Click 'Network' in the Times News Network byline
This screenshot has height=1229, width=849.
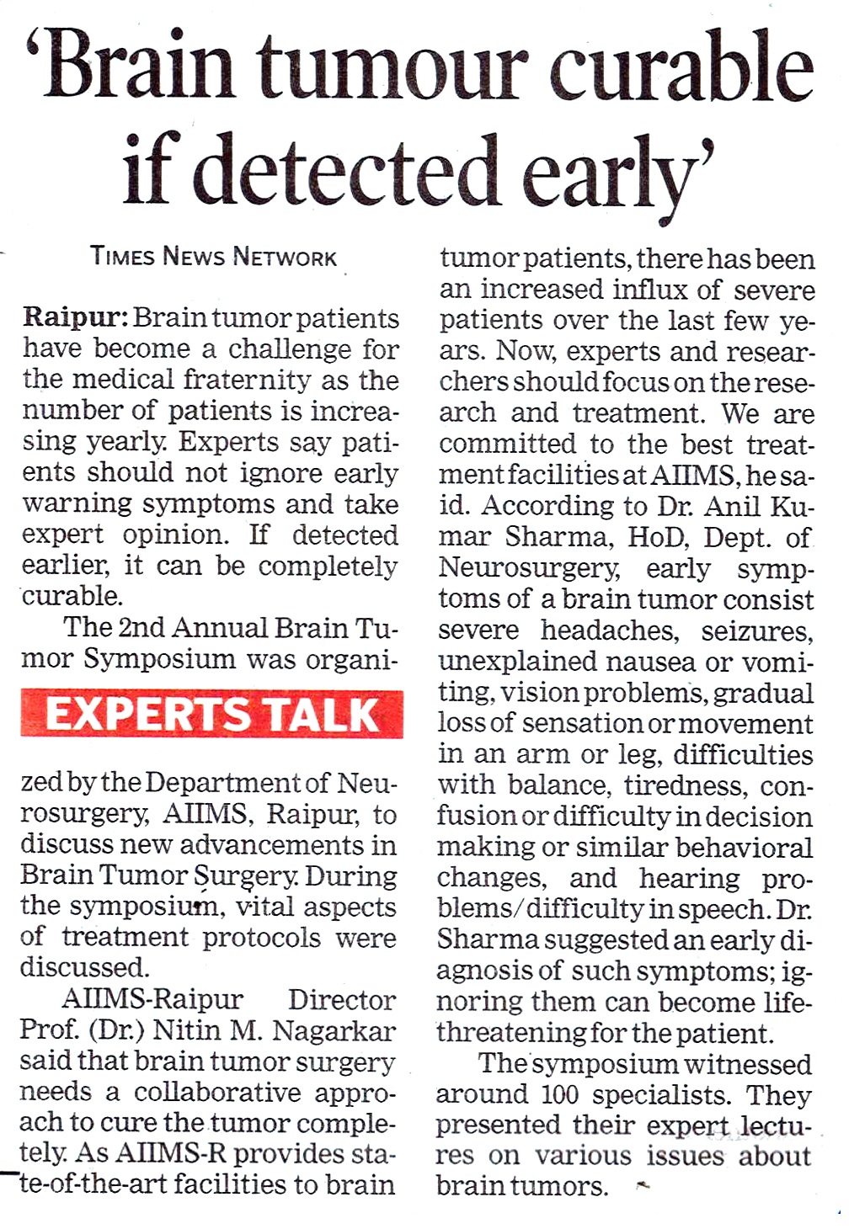coord(284,257)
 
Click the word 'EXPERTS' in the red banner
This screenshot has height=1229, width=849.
coord(148,715)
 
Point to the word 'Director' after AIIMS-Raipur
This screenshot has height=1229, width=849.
coord(341,999)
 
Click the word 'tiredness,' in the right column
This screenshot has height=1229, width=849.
coord(685,785)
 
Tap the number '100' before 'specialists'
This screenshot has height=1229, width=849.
coord(559,1095)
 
